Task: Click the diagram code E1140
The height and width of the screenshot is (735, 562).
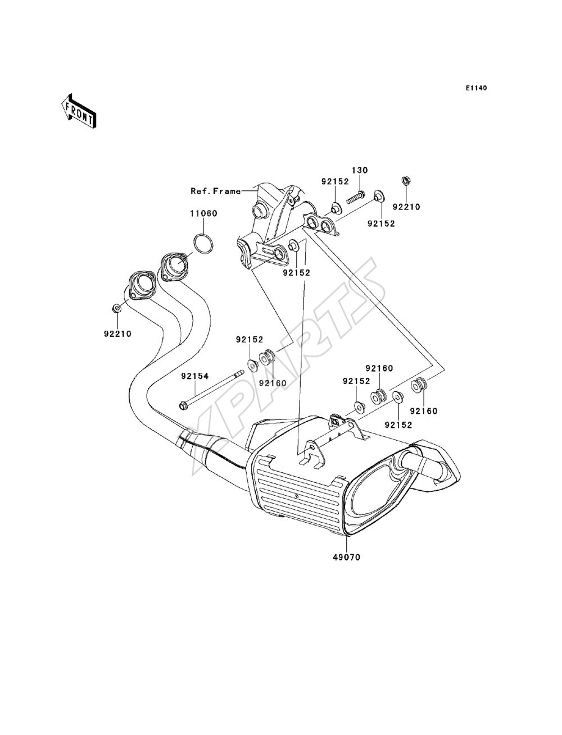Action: (476, 88)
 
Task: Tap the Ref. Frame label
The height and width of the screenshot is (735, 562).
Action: (216, 191)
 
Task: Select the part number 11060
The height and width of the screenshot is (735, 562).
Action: (204, 213)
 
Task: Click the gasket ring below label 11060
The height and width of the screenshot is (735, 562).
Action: (203, 244)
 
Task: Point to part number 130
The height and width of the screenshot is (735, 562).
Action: (360, 170)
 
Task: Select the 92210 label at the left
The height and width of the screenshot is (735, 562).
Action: (117, 334)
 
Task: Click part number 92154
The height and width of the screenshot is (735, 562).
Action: (195, 376)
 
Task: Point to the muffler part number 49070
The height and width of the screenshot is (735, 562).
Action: (347, 557)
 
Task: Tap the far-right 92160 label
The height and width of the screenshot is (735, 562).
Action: (424, 411)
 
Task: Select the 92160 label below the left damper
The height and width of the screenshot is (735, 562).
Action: (273, 383)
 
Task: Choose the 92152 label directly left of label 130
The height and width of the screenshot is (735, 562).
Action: (335, 181)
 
